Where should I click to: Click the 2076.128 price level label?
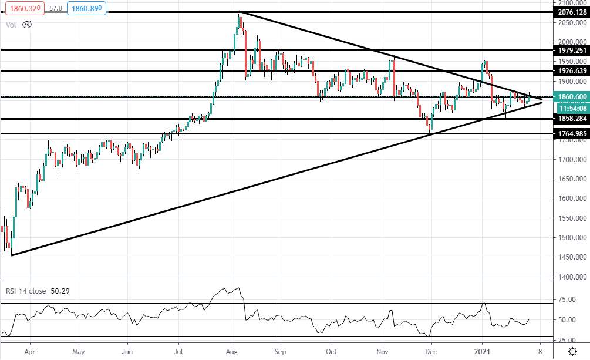[x=572, y=12]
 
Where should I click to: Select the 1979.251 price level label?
[x=572, y=50]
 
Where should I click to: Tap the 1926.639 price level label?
[x=572, y=71]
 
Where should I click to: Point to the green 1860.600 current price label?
[x=572, y=97]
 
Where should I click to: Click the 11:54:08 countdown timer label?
[x=572, y=109]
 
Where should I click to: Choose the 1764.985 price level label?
[x=572, y=134]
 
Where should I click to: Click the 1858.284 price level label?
[x=572, y=119]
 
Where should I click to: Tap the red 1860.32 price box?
[x=25, y=8]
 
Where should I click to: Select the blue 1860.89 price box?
[x=86, y=8]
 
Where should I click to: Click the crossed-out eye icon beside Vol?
[x=27, y=25]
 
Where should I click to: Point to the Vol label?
[x=11, y=25]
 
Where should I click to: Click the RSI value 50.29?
[x=60, y=291]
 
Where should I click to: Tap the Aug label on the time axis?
[x=232, y=352]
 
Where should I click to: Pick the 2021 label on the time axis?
[x=482, y=352]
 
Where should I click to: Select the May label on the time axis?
[x=78, y=352]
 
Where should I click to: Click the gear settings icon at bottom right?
[x=573, y=352]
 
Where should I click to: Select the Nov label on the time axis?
[x=382, y=352]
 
